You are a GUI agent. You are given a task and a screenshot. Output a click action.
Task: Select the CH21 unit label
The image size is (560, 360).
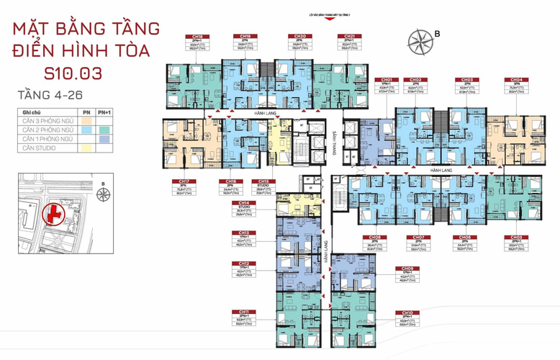pyautogui.click(x=349, y=36)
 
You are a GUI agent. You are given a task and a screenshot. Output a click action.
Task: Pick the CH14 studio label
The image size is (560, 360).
pyautogui.click(x=245, y=204)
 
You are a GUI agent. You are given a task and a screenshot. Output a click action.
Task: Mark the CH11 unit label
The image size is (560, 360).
pyautogui.click(x=245, y=312)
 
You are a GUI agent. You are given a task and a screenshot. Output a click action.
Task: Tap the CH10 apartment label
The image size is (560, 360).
pyautogui.click(x=407, y=312)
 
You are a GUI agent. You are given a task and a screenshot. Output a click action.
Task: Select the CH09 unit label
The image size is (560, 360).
pyautogui.click(x=407, y=269)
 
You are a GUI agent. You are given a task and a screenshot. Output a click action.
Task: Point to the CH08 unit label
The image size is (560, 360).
pyautogui.click(x=374, y=237)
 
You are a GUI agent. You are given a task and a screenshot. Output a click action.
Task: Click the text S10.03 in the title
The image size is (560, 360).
pyautogui.click(x=73, y=72)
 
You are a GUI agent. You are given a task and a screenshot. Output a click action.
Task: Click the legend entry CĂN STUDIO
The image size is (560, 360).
pyautogui.click(x=45, y=148)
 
